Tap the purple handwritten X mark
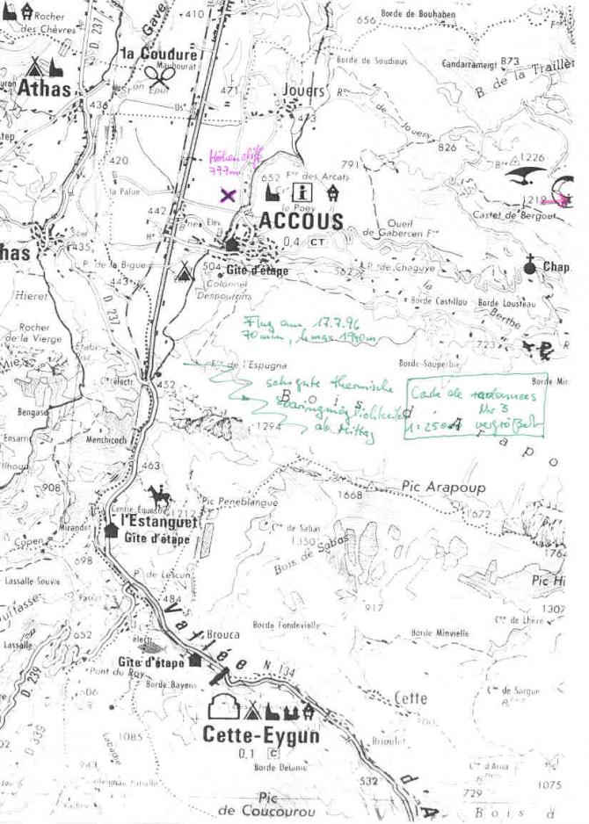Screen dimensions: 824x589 pyautogui.click(x=228, y=195)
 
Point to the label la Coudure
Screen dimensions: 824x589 pyautogui.click(x=159, y=54)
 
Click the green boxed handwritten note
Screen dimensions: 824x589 pyautogui.click(x=476, y=407)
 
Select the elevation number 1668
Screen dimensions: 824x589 pyautogui.click(x=351, y=495)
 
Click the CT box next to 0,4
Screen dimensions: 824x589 pyautogui.click(x=318, y=242)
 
